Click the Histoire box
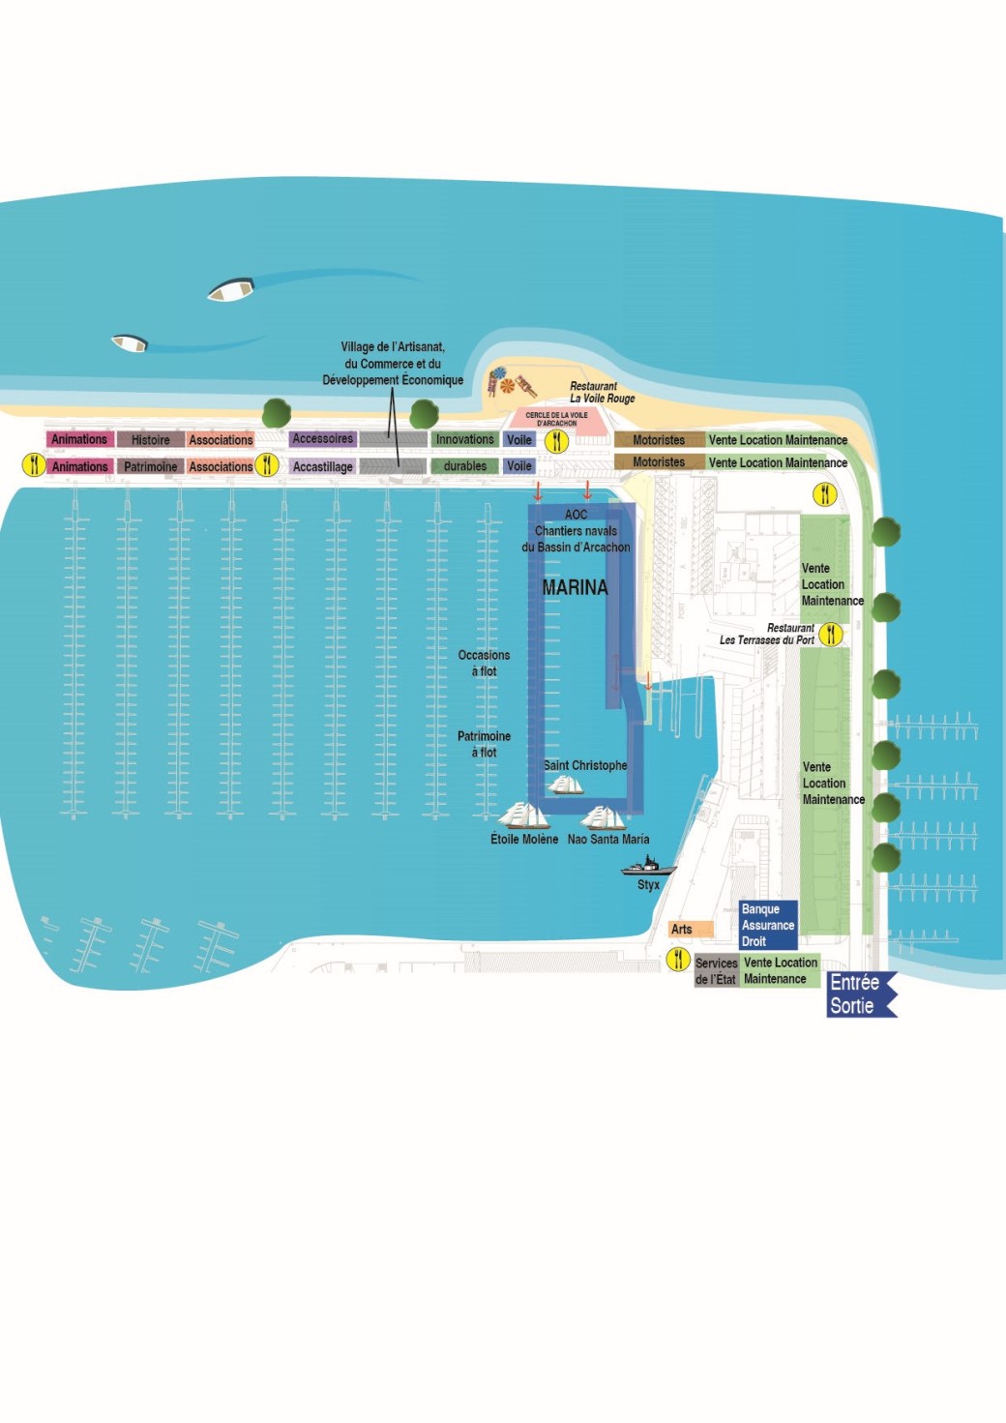coord(150,440)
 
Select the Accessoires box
coord(322,439)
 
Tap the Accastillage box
coord(322,466)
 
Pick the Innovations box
coord(464,439)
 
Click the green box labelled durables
coord(464,466)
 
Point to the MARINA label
coord(575,587)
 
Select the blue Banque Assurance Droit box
coord(768,925)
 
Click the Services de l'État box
coord(717,970)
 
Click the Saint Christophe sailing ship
coord(566,785)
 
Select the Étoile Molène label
coord(523,840)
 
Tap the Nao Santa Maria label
coord(608,840)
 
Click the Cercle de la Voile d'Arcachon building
coord(556,420)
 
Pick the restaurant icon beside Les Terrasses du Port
coord(830,635)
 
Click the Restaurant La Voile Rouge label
coord(602,392)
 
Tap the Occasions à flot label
coord(484,663)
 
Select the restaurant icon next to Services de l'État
coord(678,960)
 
